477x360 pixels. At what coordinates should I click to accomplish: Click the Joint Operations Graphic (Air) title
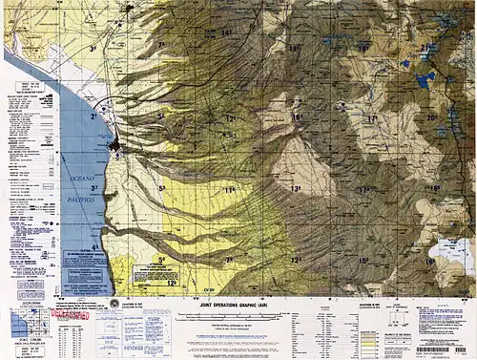tap(232, 303)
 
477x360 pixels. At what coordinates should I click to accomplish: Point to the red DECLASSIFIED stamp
tap(69, 312)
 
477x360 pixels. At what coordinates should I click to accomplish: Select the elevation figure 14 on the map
tap(226, 33)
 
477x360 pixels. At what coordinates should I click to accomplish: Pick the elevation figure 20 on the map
tap(431, 117)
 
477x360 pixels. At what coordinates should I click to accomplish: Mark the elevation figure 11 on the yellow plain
tap(229, 190)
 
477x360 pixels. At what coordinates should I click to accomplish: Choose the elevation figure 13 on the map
tap(297, 189)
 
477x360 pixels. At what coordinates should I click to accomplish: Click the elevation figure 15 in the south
tap(363, 260)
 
